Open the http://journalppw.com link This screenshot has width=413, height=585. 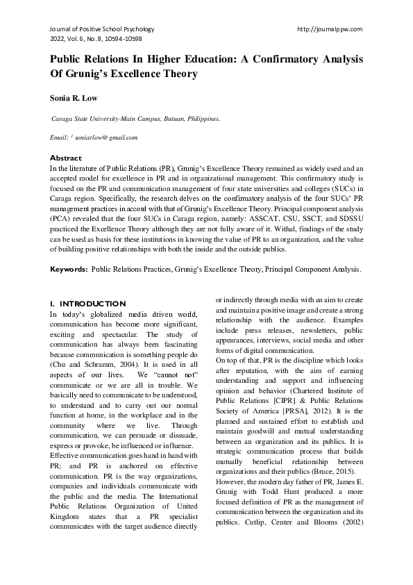click(x=329, y=29)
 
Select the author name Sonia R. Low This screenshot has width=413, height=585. click(x=75, y=99)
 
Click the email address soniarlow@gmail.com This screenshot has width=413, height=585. click(x=108, y=138)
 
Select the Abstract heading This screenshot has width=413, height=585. click(x=66, y=158)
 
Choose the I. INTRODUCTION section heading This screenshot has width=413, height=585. click(x=88, y=304)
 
